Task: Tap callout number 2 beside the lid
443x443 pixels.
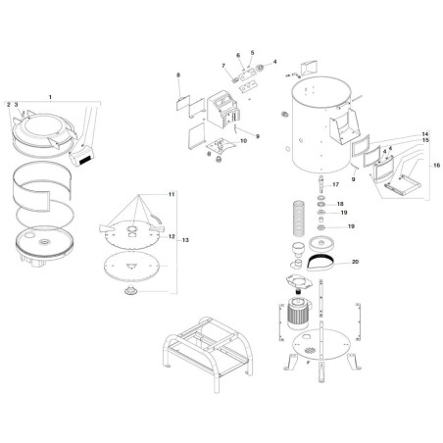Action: click(8, 104)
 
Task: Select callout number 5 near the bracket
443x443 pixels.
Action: click(251, 53)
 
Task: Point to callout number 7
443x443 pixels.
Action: click(223, 67)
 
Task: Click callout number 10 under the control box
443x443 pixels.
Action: click(244, 141)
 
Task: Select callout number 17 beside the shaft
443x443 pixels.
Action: click(334, 184)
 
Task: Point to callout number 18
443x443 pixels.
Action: click(341, 204)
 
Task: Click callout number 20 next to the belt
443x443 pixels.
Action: click(355, 262)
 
